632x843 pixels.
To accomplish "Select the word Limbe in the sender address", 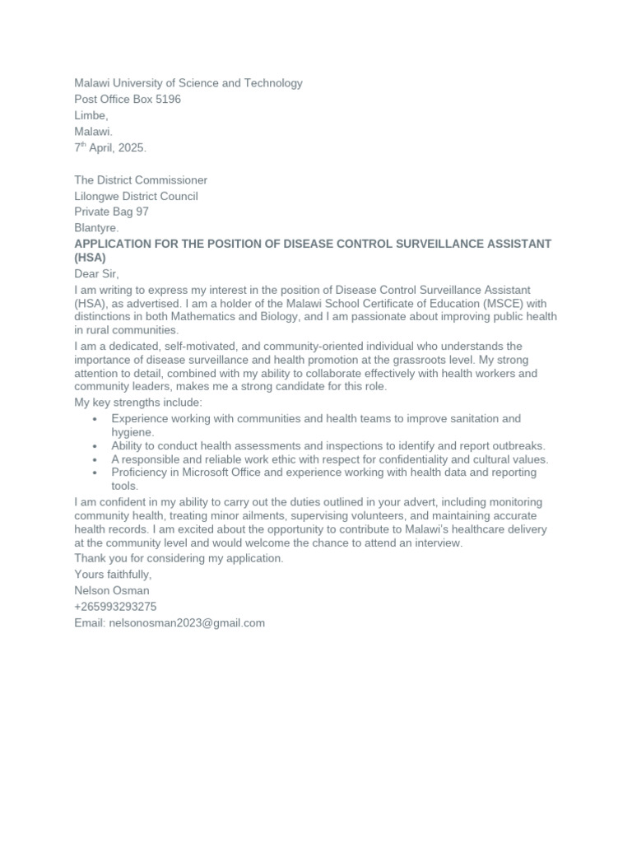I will (x=91, y=116).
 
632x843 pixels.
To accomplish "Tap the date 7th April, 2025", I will (x=110, y=148).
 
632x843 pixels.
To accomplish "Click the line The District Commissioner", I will (x=141, y=180).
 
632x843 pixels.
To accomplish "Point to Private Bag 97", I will (x=111, y=212).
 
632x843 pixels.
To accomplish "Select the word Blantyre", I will (x=96, y=228).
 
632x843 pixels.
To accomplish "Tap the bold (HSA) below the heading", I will (x=91, y=258).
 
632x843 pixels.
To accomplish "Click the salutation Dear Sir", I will (x=96, y=274).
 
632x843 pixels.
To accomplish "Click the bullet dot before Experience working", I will (x=96, y=420).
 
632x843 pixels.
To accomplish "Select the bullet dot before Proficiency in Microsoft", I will (x=96, y=473).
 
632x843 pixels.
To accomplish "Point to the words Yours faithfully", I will (x=113, y=575).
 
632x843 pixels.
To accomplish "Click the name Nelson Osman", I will (x=112, y=591).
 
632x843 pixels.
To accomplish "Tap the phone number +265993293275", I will (x=115, y=607).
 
